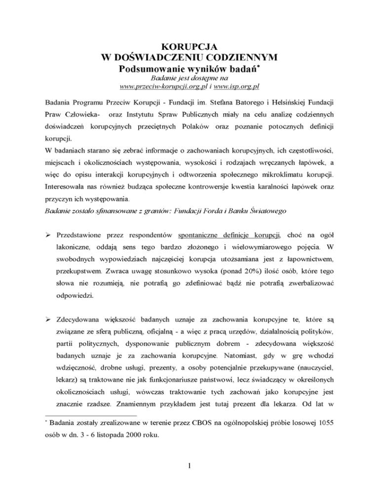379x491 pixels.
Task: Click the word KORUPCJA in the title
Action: click(x=189, y=47)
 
